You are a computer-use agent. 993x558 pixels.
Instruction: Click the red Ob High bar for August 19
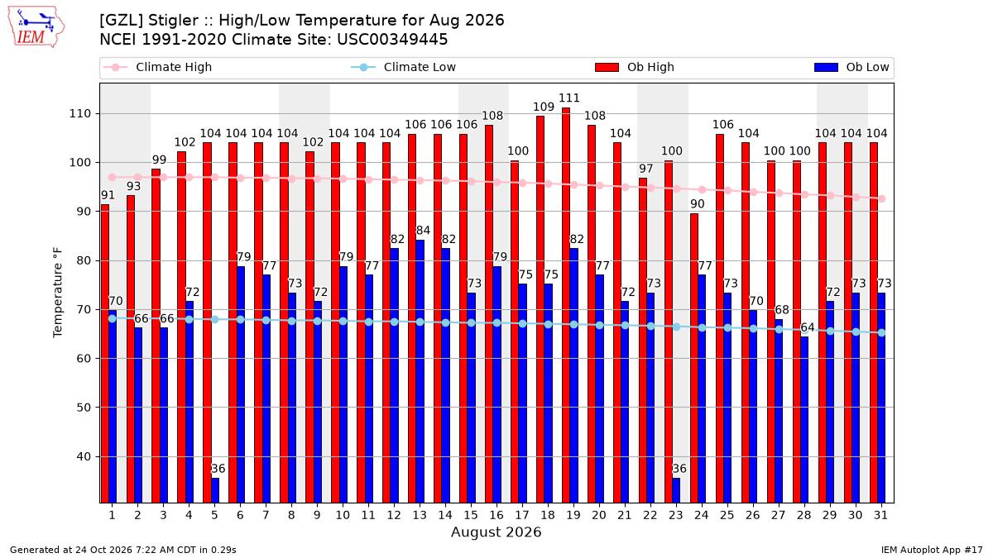(566, 305)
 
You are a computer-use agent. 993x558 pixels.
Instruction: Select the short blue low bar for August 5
(215, 491)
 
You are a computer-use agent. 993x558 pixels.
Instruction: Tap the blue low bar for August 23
(676, 491)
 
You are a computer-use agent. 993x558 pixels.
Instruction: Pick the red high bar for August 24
(693, 358)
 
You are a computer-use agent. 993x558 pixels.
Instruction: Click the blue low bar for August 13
(420, 371)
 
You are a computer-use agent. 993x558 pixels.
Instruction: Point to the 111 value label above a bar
(569, 98)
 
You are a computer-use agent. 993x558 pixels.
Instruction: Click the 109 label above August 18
(544, 107)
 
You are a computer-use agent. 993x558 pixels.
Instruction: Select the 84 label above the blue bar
(423, 231)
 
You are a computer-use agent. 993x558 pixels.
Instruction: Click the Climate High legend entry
(158, 67)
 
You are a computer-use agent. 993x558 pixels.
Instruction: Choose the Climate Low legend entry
(404, 67)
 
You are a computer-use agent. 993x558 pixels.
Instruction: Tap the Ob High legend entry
(635, 67)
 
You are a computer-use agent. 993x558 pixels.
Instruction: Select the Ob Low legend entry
(851, 67)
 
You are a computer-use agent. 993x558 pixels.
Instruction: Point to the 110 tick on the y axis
(79, 114)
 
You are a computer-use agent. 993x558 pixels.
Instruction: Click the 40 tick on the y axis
(84, 456)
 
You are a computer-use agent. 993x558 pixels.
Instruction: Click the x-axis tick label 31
(880, 515)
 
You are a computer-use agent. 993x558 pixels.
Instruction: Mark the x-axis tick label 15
(471, 515)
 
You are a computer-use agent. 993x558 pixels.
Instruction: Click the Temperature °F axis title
(58, 293)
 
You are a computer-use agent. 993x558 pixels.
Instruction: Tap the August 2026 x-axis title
(496, 532)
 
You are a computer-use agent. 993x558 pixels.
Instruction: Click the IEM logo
(36, 27)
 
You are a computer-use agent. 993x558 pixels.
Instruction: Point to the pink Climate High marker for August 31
(882, 199)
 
